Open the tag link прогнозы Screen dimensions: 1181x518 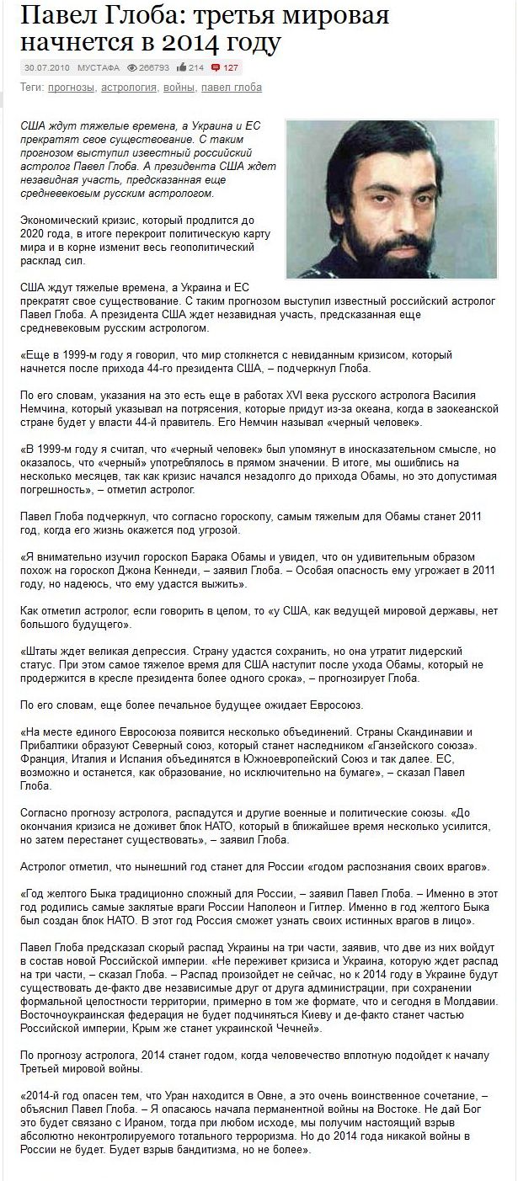pos(71,88)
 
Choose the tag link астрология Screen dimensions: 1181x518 pos(127,88)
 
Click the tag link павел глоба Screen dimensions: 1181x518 pos(232,88)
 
